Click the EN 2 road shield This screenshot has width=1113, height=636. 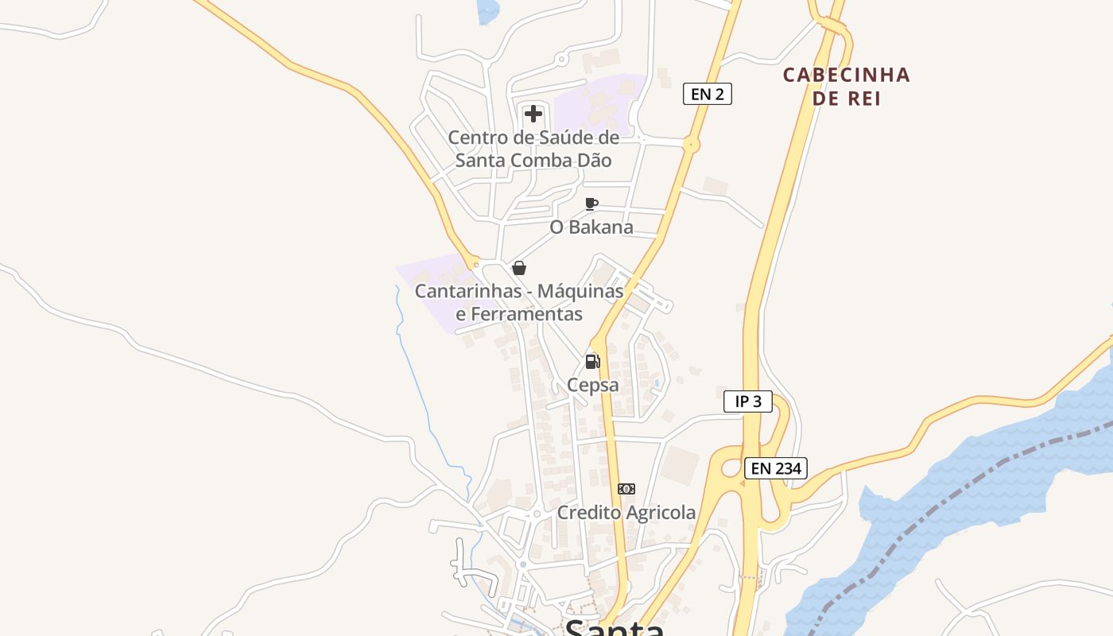707,94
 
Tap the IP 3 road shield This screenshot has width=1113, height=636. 747,401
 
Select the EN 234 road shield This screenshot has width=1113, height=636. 776,468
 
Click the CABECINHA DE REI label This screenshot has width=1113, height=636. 846,86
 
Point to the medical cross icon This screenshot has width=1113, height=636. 533,114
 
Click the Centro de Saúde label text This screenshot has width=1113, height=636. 533,149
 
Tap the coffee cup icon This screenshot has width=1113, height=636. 591,204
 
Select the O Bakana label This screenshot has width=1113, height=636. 591,227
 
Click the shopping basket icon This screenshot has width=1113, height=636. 519,268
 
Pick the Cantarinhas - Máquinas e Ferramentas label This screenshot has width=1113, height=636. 519,302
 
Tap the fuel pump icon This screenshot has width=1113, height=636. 592,362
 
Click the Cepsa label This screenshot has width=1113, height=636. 592,386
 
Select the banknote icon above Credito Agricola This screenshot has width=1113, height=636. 626,489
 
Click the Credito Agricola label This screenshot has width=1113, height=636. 626,513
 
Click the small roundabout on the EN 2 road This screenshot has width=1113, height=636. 691,145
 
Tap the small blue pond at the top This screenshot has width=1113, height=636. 487,10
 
